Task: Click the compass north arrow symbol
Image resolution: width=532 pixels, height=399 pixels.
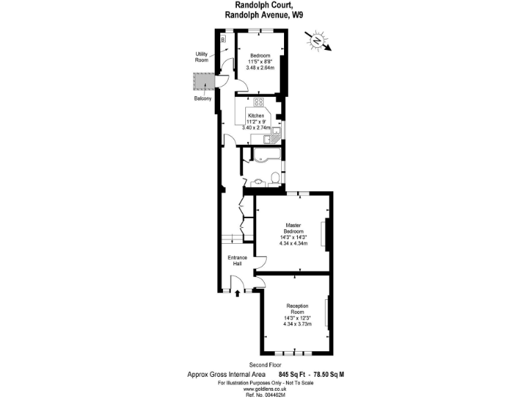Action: (319, 40)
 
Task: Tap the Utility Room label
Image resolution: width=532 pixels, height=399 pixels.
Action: (202, 57)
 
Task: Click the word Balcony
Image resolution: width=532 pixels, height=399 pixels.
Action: (203, 99)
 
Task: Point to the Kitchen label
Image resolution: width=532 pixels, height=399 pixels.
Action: (256, 116)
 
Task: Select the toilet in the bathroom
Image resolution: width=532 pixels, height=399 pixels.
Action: (275, 179)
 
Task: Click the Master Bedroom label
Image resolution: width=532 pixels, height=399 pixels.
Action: (293, 228)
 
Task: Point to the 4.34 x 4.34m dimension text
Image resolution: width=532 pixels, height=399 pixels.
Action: (293, 243)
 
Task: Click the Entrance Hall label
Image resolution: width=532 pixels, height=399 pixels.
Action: (238, 260)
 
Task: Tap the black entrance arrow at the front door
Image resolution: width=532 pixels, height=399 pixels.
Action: (238, 294)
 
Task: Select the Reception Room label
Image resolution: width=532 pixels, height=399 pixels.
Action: (297, 308)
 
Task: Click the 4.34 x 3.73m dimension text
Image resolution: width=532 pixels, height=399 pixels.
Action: (297, 323)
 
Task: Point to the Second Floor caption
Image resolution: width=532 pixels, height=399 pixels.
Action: (266, 364)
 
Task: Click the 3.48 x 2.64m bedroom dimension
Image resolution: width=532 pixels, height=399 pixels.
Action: (261, 68)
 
